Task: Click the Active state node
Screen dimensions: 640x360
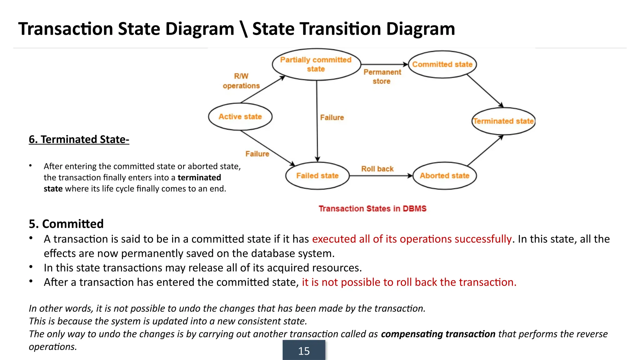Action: pos(240,117)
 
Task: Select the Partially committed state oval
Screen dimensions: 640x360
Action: pos(316,64)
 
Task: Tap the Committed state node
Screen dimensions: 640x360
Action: pos(442,64)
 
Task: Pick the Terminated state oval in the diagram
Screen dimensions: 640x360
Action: pos(503,121)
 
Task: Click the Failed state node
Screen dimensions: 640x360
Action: pos(317,176)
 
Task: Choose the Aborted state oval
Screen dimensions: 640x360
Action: pos(444,176)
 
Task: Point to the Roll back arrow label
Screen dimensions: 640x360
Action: pos(377,169)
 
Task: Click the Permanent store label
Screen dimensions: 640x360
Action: pos(382,77)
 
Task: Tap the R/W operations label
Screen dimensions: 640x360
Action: pos(241,81)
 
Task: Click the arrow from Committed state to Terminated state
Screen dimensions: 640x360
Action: pos(485,91)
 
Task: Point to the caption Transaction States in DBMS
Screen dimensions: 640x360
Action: pos(372,208)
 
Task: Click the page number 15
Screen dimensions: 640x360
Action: pos(304,351)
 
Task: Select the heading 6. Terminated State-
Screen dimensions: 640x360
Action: pos(79,139)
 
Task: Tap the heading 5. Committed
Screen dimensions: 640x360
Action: pos(66,224)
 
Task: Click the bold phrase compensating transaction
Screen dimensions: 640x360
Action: pos(438,334)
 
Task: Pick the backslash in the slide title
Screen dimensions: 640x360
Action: pos(244,29)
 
